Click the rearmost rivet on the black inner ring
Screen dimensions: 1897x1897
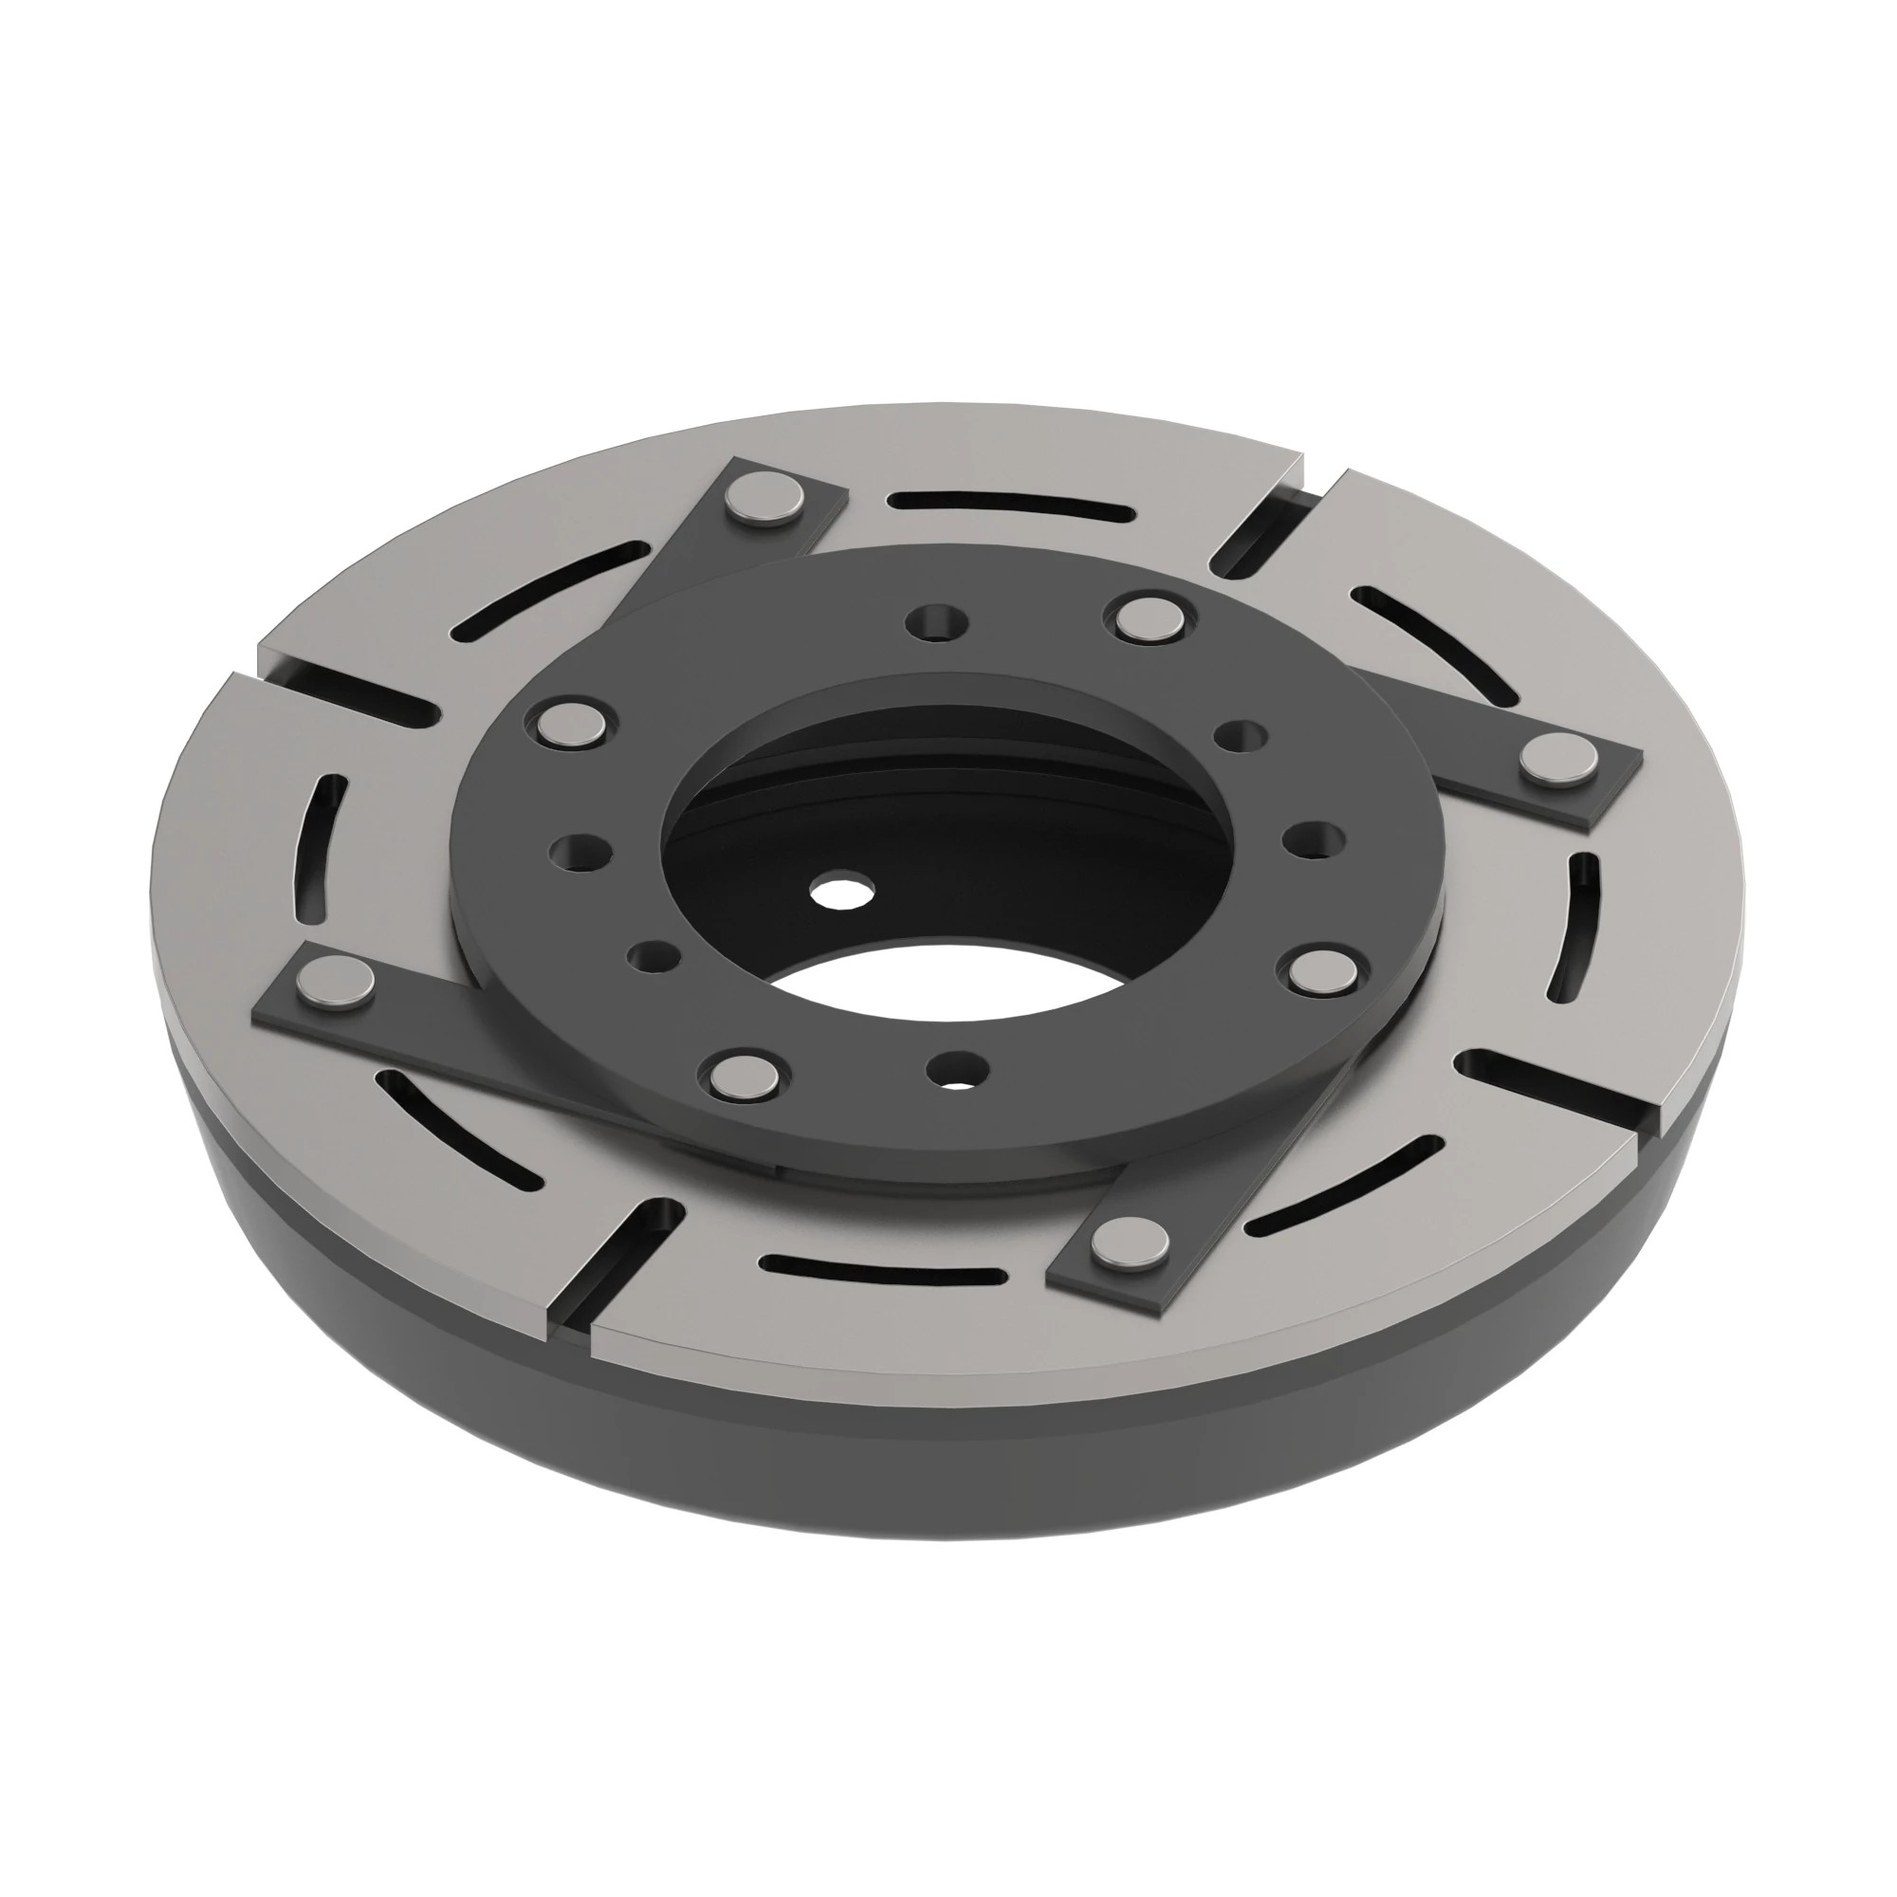pos(1151,616)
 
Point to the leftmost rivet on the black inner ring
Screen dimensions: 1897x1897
pos(573,724)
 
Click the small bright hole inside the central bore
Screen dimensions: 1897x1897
pos(841,893)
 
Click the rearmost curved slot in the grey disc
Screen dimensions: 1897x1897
pos(1011,506)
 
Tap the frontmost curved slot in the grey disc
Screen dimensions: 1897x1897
pos(884,1273)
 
